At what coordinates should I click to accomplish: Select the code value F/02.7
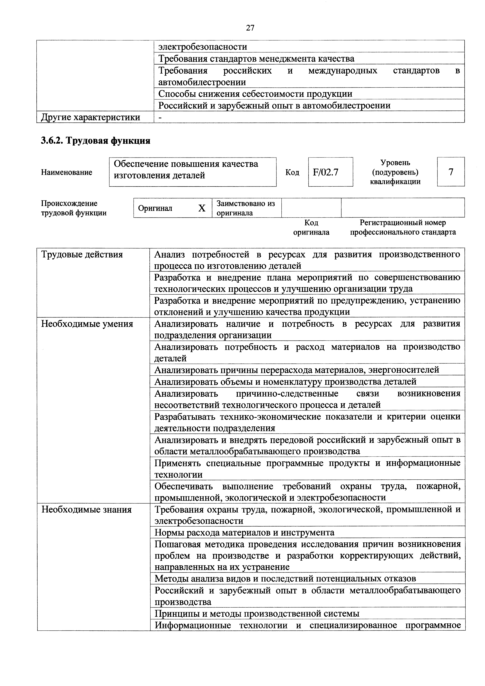coord(326,172)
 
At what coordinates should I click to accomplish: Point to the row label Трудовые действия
coord(82,254)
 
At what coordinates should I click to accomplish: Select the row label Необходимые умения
coord(87,324)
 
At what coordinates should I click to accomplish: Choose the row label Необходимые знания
coord(86,509)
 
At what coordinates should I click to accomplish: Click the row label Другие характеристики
coord(91,117)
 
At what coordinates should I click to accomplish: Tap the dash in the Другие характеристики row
coord(160,117)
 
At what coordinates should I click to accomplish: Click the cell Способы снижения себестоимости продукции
coord(255,94)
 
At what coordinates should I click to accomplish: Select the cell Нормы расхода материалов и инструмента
coord(244,533)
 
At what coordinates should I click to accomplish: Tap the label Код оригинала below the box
coord(311,228)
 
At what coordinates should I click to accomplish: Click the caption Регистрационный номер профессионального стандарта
coord(403,228)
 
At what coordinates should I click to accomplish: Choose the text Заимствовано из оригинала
coord(245,208)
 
